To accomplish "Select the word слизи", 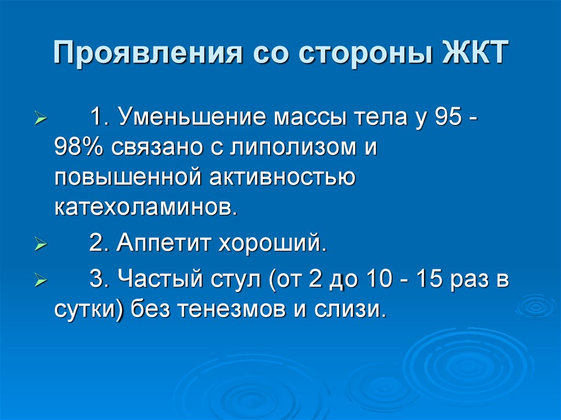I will pyautogui.click(x=356, y=310).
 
